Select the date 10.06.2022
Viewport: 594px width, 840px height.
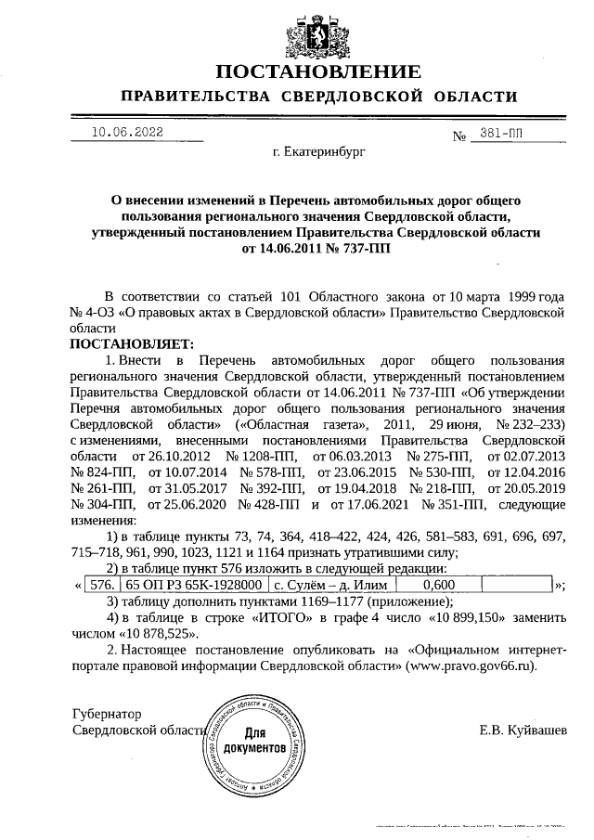126,132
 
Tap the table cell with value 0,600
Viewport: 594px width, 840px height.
437,585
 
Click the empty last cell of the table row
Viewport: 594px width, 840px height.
515,585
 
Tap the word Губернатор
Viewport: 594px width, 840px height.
108,714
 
